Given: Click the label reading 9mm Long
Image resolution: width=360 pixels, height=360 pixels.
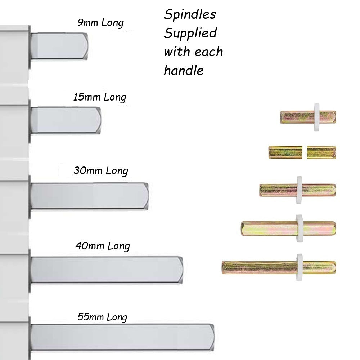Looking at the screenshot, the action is pyautogui.click(x=100, y=23).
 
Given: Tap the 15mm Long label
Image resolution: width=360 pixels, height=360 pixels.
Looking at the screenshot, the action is pyautogui.click(x=99, y=97).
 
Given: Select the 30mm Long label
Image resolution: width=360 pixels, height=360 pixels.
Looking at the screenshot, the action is pyautogui.click(x=101, y=171).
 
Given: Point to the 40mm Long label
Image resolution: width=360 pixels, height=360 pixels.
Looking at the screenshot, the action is pyautogui.click(x=103, y=246).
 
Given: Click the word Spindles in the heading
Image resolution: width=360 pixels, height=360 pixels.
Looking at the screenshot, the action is pyautogui.click(x=190, y=15).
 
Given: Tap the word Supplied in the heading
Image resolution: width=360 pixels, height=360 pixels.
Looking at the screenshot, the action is pyautogui.click(x=190, y=33).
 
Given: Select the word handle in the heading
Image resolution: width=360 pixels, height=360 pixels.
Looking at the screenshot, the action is pyautogui.click(x=184, y=70).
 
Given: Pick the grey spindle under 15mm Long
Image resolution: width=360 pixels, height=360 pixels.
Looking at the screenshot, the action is pyautogui.click(x=66, y=121).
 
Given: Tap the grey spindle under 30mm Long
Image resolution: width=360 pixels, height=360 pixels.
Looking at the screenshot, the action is pyautogui.click(x=90, y=196).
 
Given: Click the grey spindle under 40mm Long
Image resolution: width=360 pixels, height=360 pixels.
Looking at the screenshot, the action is pyautogui.click(x=107, y=270).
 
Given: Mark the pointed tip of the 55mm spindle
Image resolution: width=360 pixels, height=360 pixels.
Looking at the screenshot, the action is pyautogui.click(x=214, y=337).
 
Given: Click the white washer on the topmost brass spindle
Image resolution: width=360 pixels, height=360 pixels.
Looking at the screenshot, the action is pyautogui.click(x=316, y=117).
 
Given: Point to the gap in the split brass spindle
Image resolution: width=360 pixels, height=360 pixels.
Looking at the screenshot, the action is pyautogui.click(x=305, y=152).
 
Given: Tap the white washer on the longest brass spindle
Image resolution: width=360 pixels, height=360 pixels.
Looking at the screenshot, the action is pyautogui.click(x=300, y=268).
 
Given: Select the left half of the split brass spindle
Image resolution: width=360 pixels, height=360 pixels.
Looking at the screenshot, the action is pyautogui.click(x=285, y=152).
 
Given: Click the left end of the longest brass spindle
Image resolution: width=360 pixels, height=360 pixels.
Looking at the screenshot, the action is pyautogui.click(x=222, y=268).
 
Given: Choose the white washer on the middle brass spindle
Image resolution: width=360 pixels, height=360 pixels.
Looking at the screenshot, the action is pyautogui.click(x=299, y=190).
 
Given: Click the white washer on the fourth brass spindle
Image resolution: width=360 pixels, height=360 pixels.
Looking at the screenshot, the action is pyautogui.click(x=299, y=228).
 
